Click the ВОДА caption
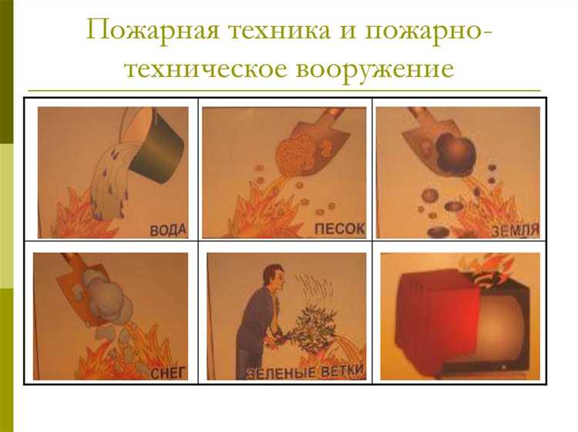168,230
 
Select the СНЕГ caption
167,373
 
